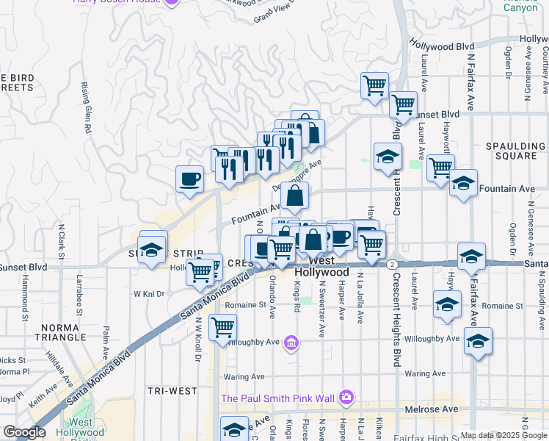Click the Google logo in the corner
[24, 432]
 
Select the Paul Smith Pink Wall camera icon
[346, 398]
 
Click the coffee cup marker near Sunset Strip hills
[190, 179]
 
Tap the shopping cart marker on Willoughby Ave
[222, 326]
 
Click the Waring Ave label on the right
[424, 374]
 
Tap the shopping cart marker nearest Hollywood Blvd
[375, 85]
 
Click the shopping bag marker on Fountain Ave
[294, 196]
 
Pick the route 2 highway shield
[393, 264]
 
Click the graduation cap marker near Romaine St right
[446, 304]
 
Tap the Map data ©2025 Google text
[503, 435]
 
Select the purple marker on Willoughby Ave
[292, 343]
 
